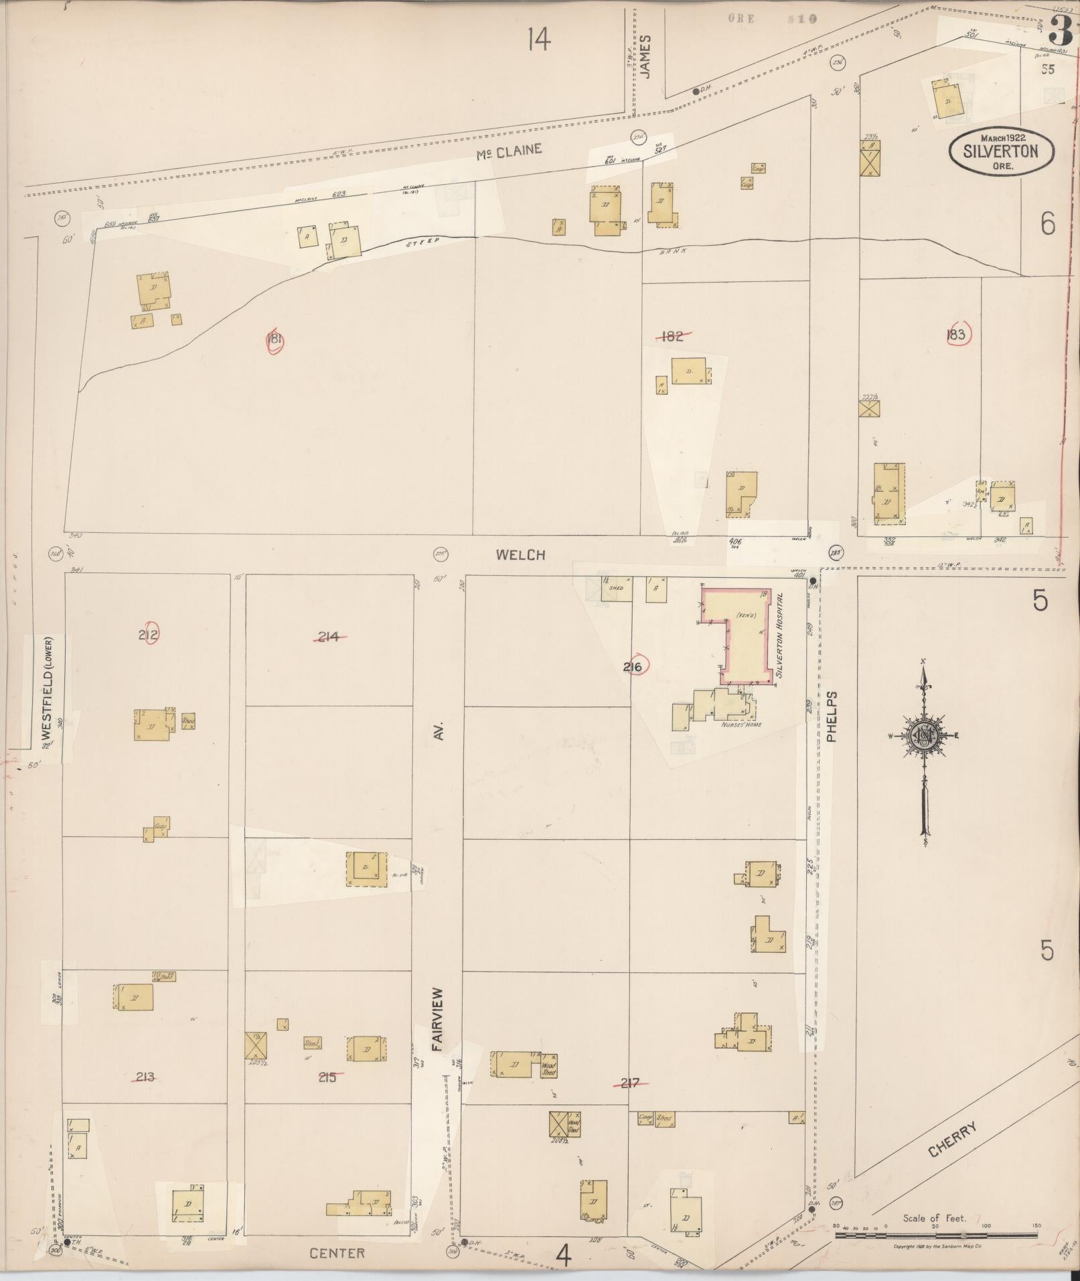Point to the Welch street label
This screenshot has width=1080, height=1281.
point(521,554)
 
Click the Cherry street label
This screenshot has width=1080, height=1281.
point(953,1138)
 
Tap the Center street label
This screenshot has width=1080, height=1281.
point(337,1252)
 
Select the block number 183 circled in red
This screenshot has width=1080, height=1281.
point(957,335)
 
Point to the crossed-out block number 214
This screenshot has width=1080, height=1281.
point(328,637)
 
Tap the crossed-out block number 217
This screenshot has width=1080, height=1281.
point(631,1083)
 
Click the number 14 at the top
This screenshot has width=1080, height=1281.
point(538,40)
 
